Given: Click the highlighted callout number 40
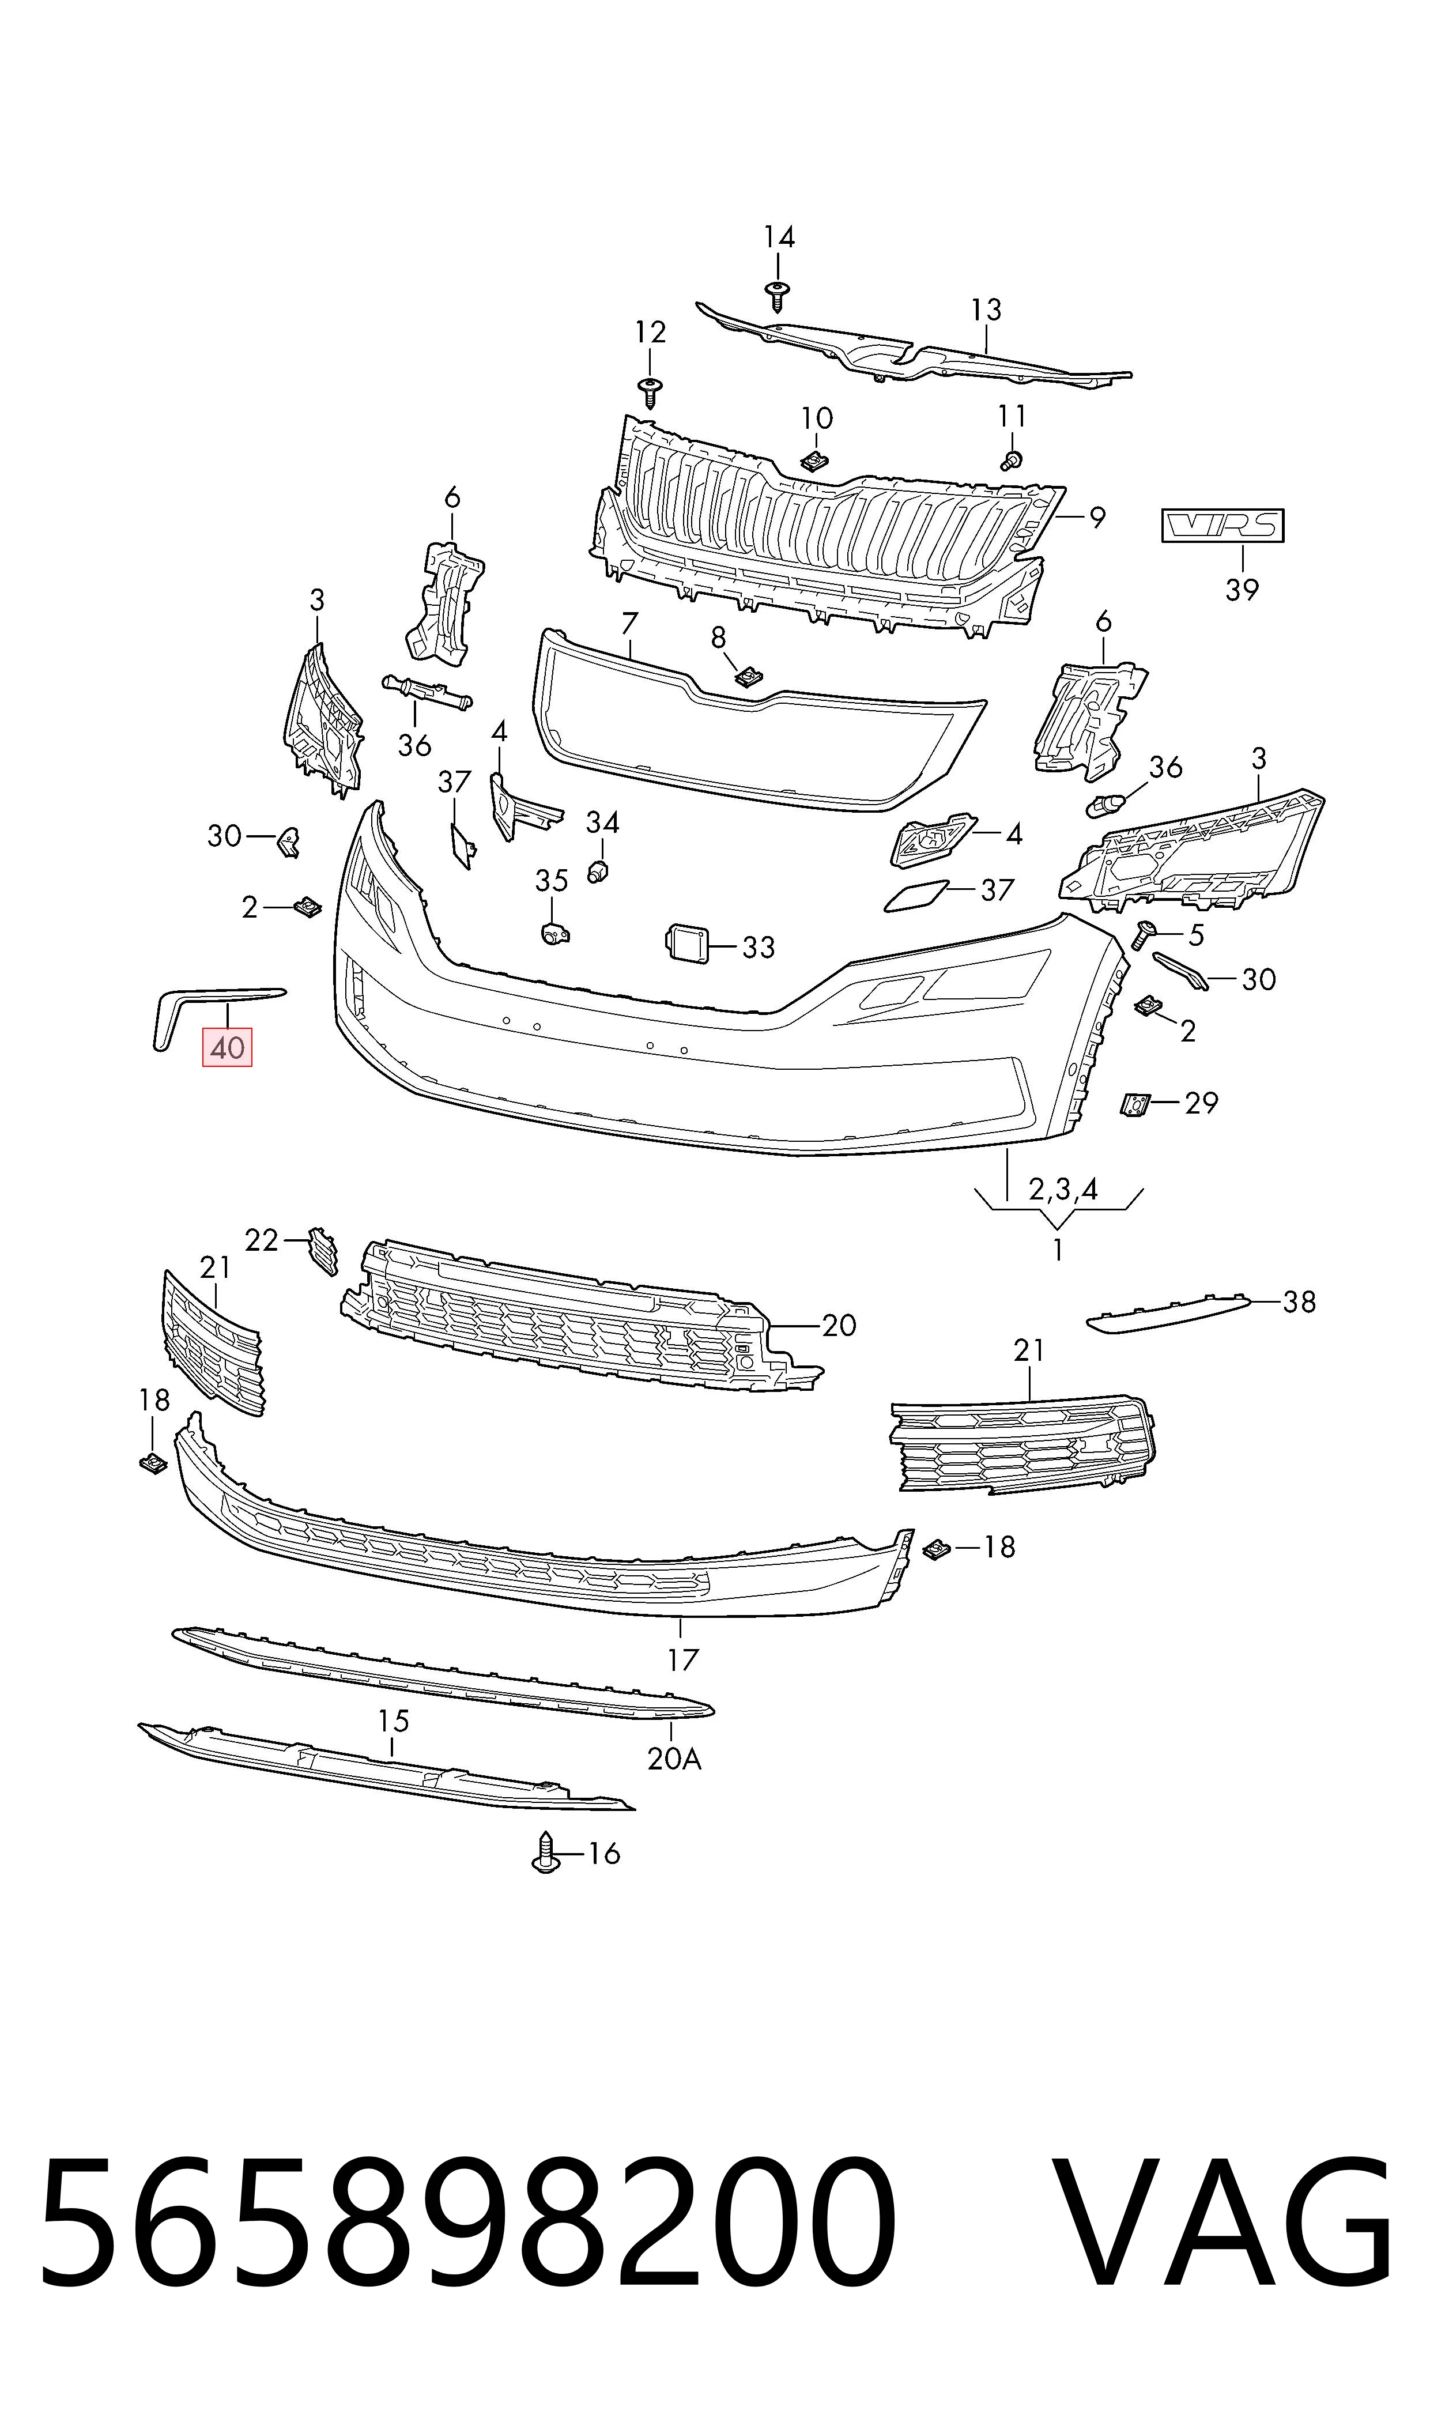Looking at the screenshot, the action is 227,1047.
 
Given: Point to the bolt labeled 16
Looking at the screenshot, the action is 545,1852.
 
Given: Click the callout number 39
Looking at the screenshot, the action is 1242,588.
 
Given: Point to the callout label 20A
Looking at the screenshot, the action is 674,1759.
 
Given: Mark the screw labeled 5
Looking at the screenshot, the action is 1146,934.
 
